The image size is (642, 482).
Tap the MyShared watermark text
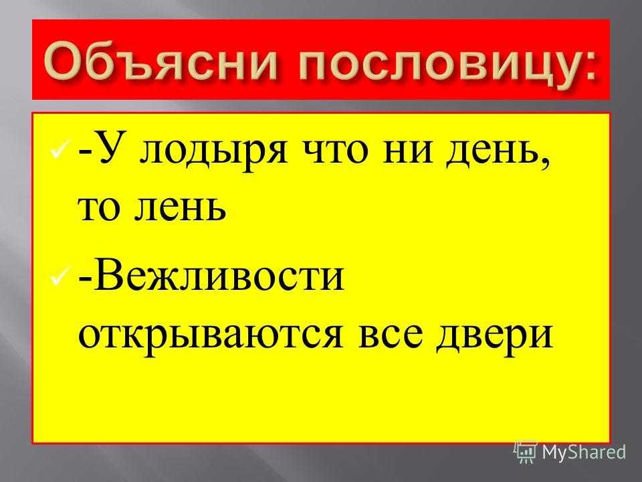coord(584,453)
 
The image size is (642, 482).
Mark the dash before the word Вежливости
coord(85,280)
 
